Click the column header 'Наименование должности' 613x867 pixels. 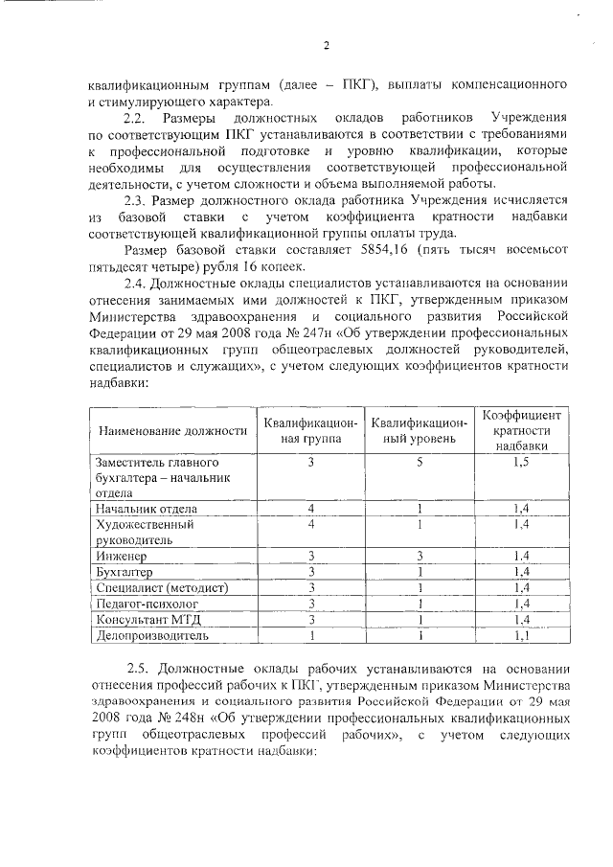(168, 431)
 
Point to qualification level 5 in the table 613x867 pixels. (419, 463)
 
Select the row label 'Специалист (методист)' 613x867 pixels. (159, 587)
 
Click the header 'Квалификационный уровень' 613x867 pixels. (419, 431)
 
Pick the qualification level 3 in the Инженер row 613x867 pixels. (419, 556)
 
